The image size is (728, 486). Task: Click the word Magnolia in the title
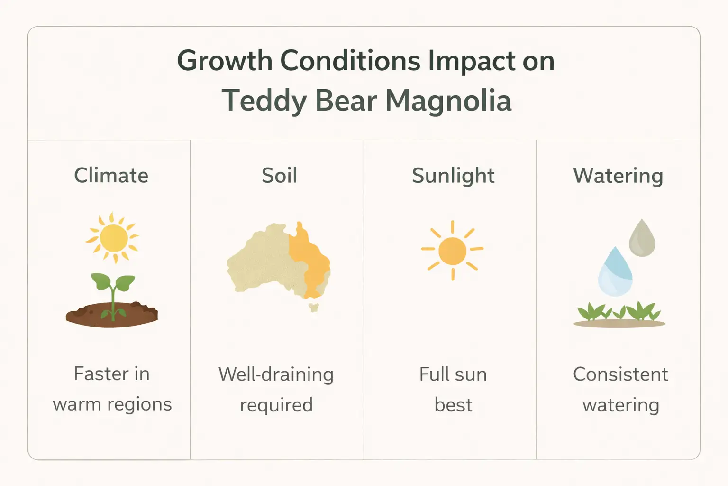click(448, 101)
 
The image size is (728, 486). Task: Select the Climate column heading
click(111, 176)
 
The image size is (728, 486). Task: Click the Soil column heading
click(279, 176)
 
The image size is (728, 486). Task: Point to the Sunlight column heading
click(453, 176)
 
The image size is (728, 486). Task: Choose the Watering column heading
click(618, 176)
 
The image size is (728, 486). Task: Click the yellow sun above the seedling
click(113, 238)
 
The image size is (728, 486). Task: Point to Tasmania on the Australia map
click(313, 307)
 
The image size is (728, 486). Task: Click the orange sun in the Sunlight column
click(453, 251)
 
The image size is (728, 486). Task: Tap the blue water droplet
click(615, 274)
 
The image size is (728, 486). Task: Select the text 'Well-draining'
click(276, 374)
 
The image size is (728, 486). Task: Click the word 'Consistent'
click(620, 374)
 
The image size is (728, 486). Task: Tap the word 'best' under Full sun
click(453, 405)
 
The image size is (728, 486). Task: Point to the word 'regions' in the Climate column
click(142, 405)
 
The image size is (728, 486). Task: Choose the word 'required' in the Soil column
click(276, 405)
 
